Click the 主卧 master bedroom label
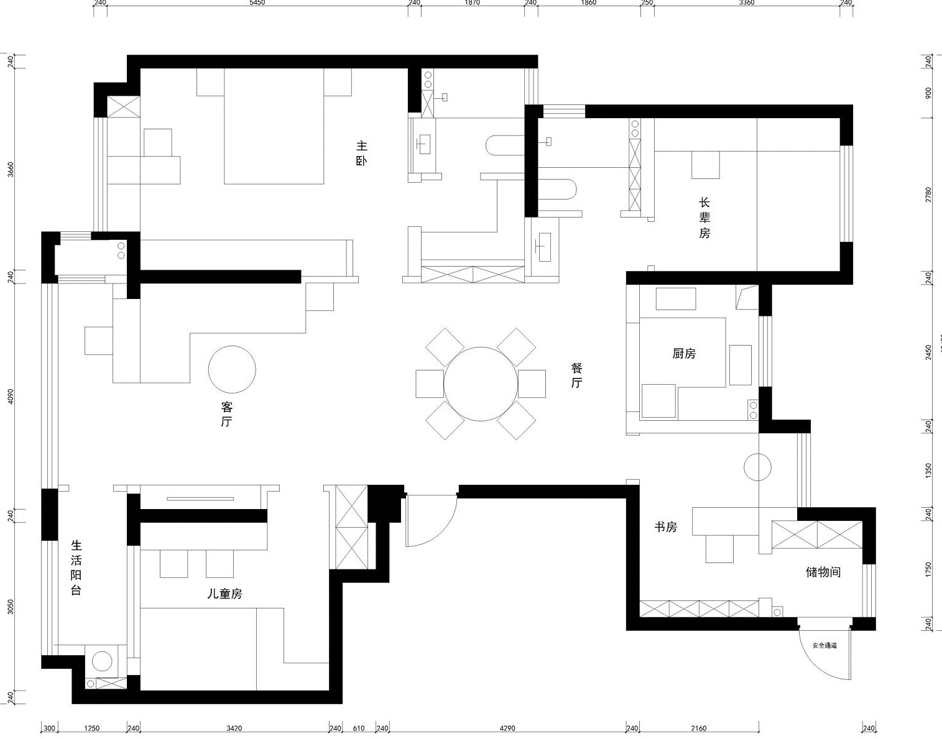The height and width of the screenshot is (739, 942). (361, 154)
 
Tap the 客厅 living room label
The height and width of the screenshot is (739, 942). (227, 414)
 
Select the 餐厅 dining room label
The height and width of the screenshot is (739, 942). (576, 375)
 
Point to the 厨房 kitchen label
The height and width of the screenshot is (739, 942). (684, 354)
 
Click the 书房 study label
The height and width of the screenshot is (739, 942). (665, 526)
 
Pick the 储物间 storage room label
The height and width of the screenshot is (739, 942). (823, 572)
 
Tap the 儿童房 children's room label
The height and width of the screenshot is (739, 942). (224, 594)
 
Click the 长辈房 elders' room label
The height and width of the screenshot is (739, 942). (704, 218)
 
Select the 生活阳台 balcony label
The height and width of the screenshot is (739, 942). (76, 567)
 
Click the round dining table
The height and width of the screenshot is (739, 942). (481, 383)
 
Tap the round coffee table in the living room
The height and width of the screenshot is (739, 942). (232, 369)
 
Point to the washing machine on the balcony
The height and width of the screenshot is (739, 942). (103, 661)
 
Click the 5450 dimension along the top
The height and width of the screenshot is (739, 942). (257, 3)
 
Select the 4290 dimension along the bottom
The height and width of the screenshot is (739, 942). (507, 728)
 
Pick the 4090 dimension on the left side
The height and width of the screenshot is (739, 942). (11, 397)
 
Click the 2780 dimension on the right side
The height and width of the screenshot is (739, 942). (928, 195)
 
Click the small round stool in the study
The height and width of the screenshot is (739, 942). (758, 467)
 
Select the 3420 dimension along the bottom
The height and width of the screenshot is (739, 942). (234, 728)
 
